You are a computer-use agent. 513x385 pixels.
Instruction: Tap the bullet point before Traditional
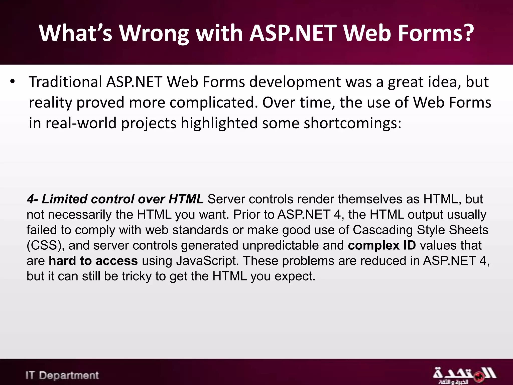pyautogui.click(x=13, y=82)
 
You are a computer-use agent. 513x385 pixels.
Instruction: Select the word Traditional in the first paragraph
pyautogui.click(x=65, y=82)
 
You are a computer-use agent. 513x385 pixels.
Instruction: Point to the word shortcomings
pyautogui.click(x=352, y=123)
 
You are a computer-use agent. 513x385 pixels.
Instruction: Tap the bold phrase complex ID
pyautogui.click(x=382, y=245)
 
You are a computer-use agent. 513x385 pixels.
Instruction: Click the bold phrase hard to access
pyautogui.click(x=93, y=261)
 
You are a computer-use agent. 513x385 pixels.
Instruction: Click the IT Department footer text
pyautogui.click(x=62, y=375)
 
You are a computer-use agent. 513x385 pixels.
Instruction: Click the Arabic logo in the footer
pyautogui.click(x=464, y=375)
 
